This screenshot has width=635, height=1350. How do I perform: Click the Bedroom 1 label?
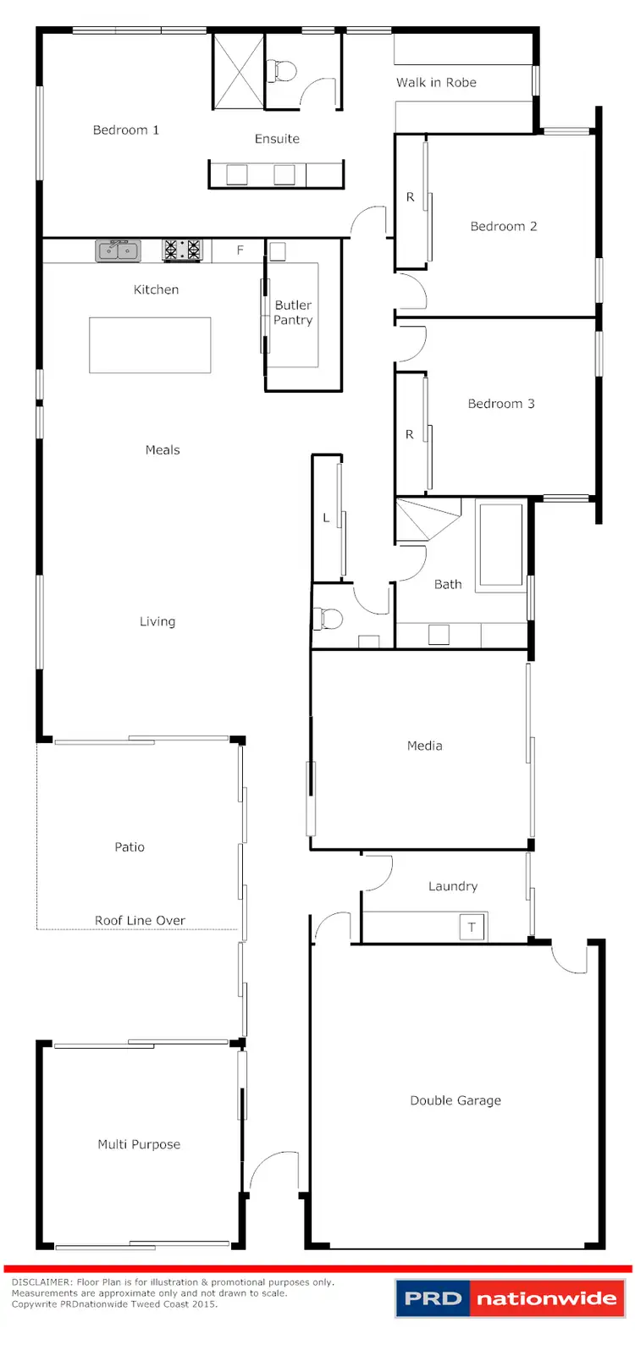click(125, 129)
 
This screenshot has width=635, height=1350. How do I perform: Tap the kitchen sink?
click(119, 250)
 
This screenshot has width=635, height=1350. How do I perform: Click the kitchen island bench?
click(150, 344)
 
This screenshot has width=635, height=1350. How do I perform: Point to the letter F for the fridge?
click(240, 251)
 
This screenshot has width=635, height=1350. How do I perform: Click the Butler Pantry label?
click(293, 312)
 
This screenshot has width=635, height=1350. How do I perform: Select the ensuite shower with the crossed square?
click(238, 71)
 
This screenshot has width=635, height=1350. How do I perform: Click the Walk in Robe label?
click(436, 82)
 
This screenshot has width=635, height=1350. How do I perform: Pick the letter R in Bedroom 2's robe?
click(411, 197)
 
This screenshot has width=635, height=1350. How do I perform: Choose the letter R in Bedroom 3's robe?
click(410, 434)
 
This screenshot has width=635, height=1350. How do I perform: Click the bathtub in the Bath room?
click(501, 543)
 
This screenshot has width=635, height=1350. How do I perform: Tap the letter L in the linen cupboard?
click(326, 518)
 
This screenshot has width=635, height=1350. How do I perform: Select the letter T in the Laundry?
click(472, 927)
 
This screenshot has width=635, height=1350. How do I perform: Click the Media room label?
click(424, 746)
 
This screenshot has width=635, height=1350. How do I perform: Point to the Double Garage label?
click(456, 1100)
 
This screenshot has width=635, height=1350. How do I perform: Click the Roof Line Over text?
click(140, 920)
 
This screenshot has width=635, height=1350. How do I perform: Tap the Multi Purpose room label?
click(139, 1144)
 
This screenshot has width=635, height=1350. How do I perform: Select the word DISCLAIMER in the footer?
click(41, 1282)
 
